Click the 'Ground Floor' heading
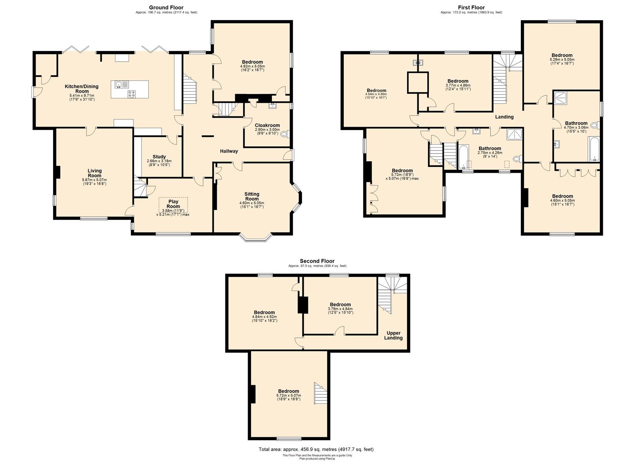coord(166,7)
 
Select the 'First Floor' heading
coord(471,7)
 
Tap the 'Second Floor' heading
coord(317,261)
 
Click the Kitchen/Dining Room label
coord(81,89)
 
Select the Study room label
coord(159,157)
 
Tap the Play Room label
coord(173,204)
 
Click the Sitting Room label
coord(252,196)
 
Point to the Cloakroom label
coord(267,125)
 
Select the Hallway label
coord(229,151)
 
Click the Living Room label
coord(95,173)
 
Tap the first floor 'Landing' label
coord(504,117)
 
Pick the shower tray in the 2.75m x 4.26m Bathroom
coord(514,135)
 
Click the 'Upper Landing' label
coord(393,335)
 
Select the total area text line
coord(316,450)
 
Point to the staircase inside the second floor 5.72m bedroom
coord(320,394)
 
